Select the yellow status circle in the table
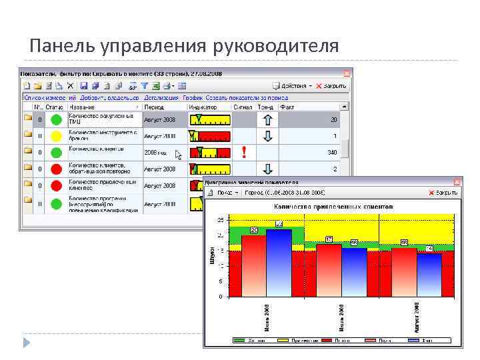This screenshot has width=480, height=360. tap(56, 136)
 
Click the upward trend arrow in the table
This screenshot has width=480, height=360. tap(267, 119)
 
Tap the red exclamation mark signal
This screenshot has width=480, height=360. tap(244, 153)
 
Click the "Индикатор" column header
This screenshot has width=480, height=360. tap(203, 107)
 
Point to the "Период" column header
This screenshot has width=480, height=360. tap(154, 107)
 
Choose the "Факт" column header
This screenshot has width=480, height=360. tap(287, 107)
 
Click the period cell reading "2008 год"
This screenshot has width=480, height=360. tap(155, 153)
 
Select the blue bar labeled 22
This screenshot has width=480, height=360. tap(279, 263)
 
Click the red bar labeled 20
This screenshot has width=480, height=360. tap(253, 266)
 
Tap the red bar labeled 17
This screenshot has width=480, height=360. tap(328, 270)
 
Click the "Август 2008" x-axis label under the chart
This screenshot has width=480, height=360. tap(416, 317)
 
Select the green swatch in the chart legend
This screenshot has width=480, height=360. tap(239, 341)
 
